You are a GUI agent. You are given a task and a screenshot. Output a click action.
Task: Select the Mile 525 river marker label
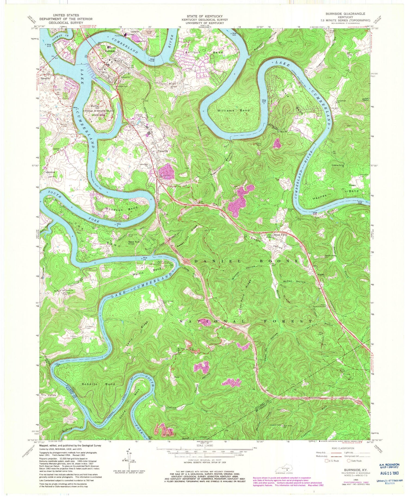pyautogui.click(x=263, y=101)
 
